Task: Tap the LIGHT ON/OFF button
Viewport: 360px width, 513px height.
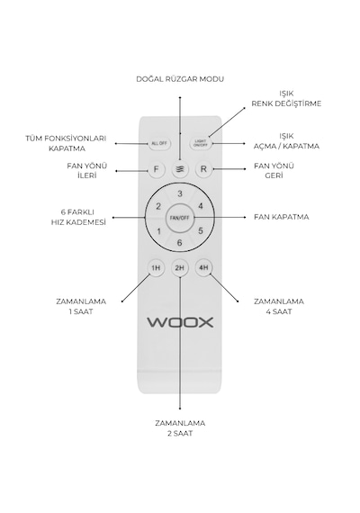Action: [x=201, y=143]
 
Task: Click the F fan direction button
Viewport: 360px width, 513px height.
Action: [x=156, y=169]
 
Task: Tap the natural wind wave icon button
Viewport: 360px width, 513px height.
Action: [x=180, y=169]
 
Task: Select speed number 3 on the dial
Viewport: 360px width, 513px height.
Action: [x=180, y=194]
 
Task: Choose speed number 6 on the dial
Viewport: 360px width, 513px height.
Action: [x=179, y=243]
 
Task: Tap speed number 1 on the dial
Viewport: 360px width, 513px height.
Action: [x=158, y=231]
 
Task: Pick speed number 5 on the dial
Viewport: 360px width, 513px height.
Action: [x=201, y=230]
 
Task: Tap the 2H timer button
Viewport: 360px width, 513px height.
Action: [x=180, y=268]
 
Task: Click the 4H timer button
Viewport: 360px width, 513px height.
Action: [x=203, y=268]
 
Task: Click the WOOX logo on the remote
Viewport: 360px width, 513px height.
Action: [x=180, y=322]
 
